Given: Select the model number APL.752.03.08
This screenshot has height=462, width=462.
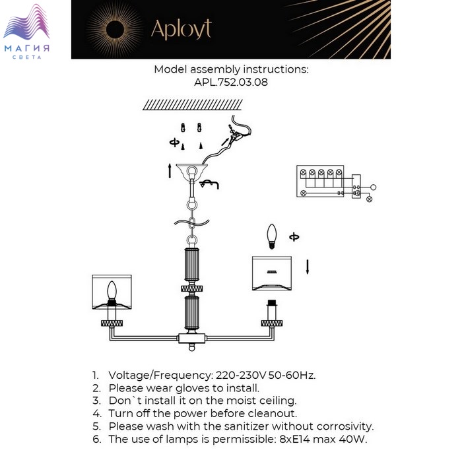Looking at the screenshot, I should pos(230,82).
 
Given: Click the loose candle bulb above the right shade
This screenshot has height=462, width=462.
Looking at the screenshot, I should pos(270,236).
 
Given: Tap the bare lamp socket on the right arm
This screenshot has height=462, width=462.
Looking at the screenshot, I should pos(270,311).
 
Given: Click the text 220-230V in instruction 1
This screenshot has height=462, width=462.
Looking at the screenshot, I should pos(232,375).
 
